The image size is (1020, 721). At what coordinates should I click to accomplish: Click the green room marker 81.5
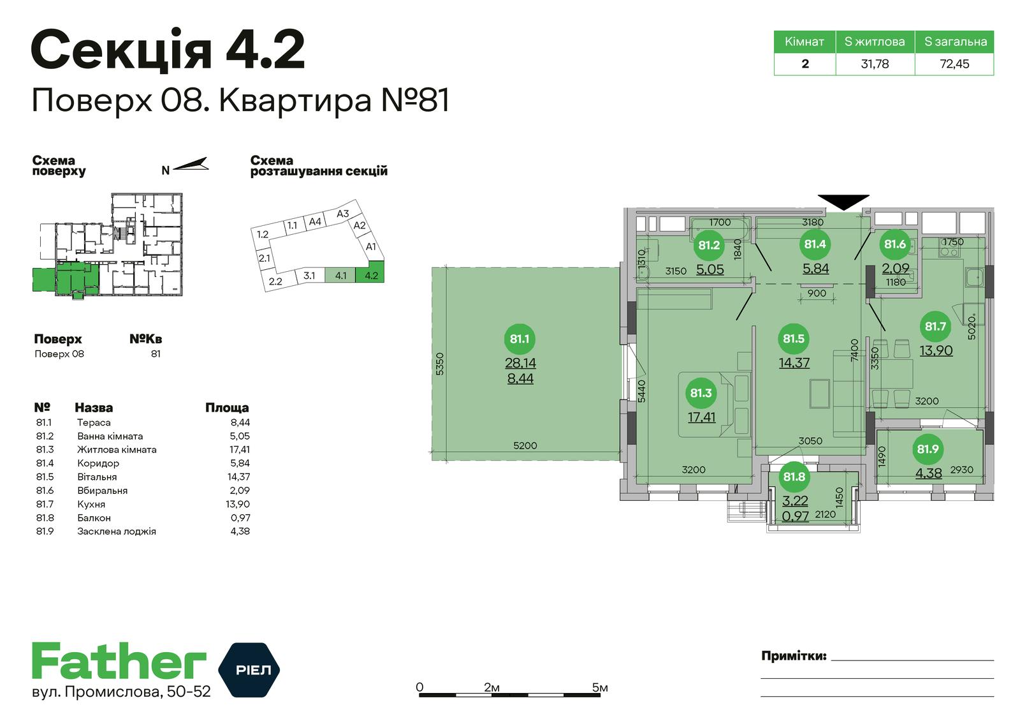(x=794, y=339)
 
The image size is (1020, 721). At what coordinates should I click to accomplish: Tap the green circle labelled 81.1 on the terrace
(x=520, y=339)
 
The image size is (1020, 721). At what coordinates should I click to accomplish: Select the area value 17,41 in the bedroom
(x=701, y=417)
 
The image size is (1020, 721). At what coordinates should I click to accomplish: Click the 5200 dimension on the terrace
(x=525, y=445)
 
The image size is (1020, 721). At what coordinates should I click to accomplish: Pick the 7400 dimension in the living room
(x=854, y=350)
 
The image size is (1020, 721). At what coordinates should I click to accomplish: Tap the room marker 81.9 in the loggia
(x=928, y=449)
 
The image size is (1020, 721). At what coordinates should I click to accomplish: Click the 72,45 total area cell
(x=954, y=64)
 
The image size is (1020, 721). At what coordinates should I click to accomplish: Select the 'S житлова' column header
(x=875, y=41)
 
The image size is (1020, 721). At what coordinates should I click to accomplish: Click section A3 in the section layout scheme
(x=342, y=213)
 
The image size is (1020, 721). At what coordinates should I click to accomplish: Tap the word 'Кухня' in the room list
(x=91, y=504)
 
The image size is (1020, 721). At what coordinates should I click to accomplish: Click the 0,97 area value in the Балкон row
(x=240, y=517)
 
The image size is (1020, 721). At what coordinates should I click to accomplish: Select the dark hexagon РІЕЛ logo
(x=249, y=669)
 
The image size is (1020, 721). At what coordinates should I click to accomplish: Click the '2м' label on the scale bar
(x=492, y=687)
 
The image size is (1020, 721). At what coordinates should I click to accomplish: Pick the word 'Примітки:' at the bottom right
(x=794, y=656)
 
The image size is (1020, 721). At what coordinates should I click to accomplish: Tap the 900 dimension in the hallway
(x=817, y=293)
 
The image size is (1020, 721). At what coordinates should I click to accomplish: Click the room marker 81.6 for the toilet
(x=895, y=244)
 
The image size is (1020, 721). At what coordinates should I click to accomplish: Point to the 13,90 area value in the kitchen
(x=936, y=350)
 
